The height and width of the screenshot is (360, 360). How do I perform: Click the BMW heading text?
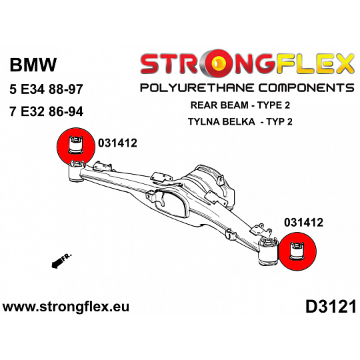point(33,65)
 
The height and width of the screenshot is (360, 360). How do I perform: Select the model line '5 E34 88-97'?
point(46,89)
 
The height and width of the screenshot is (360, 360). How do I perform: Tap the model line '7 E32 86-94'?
point(46,111)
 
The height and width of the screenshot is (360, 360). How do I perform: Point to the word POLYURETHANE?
point(197,88)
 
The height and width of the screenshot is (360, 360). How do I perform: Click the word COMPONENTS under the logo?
point(306,88)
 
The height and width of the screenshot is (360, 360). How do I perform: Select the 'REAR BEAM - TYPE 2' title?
point(240,105)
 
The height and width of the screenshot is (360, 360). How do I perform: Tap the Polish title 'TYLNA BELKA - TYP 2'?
point(240,121)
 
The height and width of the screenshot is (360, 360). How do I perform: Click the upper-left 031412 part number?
point(117,143)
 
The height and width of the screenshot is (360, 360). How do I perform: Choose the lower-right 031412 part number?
point(303,223)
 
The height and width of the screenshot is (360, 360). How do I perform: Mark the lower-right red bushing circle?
point(297,251)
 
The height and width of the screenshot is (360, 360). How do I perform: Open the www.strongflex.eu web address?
point(66,307)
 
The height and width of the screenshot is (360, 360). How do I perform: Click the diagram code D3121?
point(331,307)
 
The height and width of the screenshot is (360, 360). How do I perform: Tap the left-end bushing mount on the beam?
point(77,172)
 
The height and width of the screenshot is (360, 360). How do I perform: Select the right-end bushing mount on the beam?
point(268,251)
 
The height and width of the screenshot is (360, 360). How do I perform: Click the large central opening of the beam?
point(171,204)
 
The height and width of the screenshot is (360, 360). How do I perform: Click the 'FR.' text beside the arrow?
point(67,257)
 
